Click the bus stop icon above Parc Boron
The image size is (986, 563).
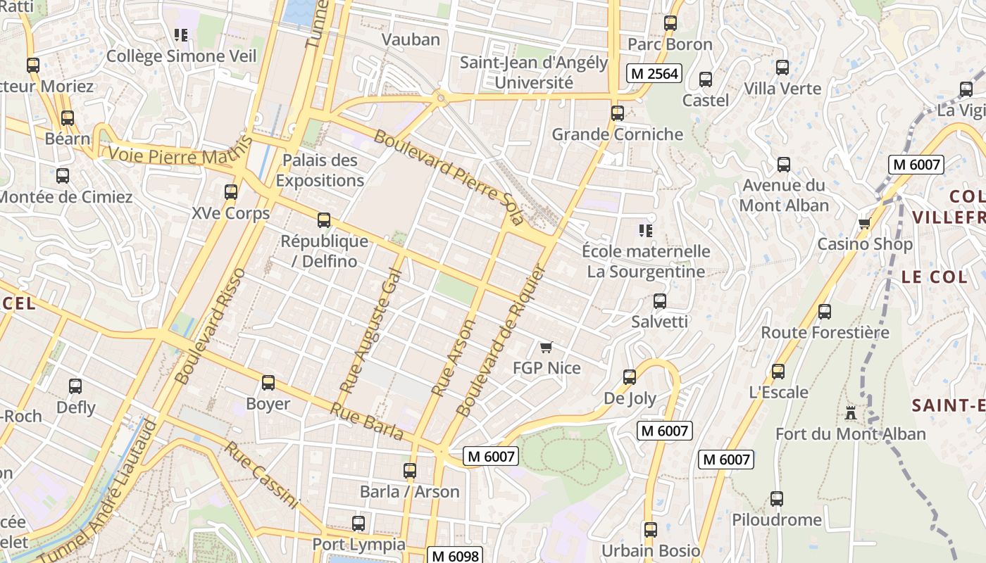[x=670, y=23]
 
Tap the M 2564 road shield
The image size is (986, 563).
[x=654, y=73]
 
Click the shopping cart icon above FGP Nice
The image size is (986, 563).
[x=546, y=347]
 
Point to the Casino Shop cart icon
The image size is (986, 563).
[x=864, y=223]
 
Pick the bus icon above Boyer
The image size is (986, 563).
[x=268, y=383]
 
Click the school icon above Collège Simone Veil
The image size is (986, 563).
[x=181, y=34]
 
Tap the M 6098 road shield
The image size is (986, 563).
[x=454, y=556]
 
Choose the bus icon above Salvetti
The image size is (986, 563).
[x=659, y=301]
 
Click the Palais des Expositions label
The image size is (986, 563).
[x=320, y=170]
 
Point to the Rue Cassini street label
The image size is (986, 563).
[x=263, y=476]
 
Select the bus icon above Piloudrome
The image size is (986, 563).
[x=776, y=499]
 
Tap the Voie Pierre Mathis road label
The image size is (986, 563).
[x=180, y=150]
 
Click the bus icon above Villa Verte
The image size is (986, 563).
[x=782, y=68]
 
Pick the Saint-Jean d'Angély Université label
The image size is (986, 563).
[x=533, y=72]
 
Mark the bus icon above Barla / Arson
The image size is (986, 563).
[x=409, y=471]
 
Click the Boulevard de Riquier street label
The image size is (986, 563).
[x=501, y=340]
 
